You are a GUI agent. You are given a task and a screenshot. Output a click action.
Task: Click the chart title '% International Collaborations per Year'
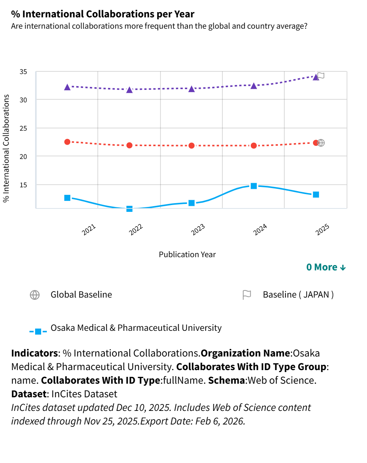103,14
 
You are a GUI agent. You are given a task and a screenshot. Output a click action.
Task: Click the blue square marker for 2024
254,186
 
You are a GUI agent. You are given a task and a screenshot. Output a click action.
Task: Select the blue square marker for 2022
130,208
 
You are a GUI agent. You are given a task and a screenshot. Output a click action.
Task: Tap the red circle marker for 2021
67,142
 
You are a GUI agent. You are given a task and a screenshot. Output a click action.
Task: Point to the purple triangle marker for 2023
191,89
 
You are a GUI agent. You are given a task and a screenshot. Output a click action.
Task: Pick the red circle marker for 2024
254,145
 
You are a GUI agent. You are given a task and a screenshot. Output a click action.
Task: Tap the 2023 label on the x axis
198,230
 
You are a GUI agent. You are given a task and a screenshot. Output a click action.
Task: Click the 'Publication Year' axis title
187,254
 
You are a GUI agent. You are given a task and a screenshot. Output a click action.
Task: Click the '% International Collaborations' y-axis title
6,148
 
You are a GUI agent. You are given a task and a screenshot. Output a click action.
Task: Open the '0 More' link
326,267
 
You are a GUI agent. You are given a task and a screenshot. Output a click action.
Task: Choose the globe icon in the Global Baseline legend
35,295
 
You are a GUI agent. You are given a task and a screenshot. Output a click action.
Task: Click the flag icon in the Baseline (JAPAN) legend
247,295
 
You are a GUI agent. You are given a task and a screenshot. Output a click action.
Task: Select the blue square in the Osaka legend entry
38,332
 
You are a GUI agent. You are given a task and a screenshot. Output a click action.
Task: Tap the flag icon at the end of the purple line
321,76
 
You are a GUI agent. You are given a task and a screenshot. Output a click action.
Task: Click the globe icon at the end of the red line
321,143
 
